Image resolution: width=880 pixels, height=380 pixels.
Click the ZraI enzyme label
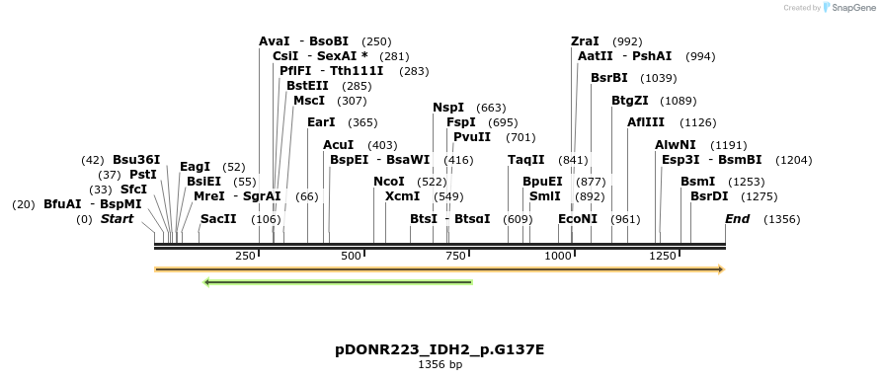585,41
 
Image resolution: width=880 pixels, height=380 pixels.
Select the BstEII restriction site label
307,86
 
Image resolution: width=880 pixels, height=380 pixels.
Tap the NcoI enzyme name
389,182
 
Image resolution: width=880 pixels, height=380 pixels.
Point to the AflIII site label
646,122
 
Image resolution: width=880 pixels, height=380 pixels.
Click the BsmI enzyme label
698,182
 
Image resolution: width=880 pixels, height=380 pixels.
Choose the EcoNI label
578,219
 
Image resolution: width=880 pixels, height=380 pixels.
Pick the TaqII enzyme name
526,160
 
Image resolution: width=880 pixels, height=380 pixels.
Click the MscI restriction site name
309,101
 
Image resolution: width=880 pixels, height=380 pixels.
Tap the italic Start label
117,219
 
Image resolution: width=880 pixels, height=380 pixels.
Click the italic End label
737,219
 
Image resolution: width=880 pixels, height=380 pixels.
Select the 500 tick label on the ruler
351,257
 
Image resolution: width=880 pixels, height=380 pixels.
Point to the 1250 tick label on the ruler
662,257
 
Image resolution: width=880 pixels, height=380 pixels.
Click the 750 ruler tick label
455,257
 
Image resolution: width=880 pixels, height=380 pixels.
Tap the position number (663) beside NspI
491,108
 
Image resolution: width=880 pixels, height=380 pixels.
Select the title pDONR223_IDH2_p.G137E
440,349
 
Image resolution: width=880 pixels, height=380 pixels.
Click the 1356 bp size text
440,365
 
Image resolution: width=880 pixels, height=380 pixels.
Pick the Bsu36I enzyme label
136,160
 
